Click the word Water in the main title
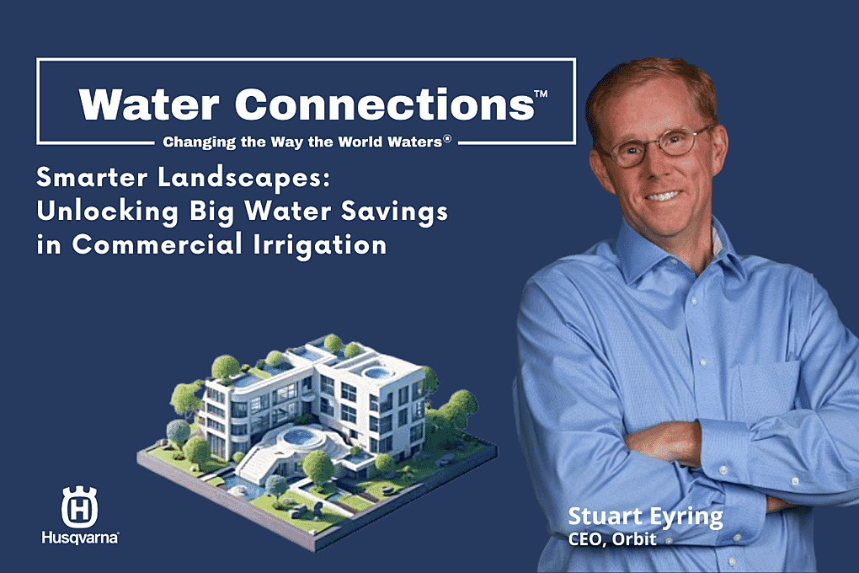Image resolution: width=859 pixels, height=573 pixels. point(149,104)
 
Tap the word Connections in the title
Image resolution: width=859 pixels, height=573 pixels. point(385,104)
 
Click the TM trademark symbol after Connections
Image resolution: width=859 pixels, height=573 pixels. point(541,94)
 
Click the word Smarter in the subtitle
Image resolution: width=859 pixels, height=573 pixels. point(92,177)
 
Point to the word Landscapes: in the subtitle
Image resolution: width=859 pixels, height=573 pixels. point(243,178)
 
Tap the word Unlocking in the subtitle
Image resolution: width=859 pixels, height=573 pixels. point(108,212)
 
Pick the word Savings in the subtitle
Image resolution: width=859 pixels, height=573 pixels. point(394,212)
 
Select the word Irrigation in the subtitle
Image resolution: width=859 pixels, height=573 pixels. point(320,244)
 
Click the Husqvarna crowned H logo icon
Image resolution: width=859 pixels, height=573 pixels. point(79,506)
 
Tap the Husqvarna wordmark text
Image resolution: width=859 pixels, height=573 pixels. point(80,537)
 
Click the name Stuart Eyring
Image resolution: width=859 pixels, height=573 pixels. point(645,517)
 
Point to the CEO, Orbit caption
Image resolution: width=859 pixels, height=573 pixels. point(612,539)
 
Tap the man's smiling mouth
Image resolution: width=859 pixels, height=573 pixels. point(664,195)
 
